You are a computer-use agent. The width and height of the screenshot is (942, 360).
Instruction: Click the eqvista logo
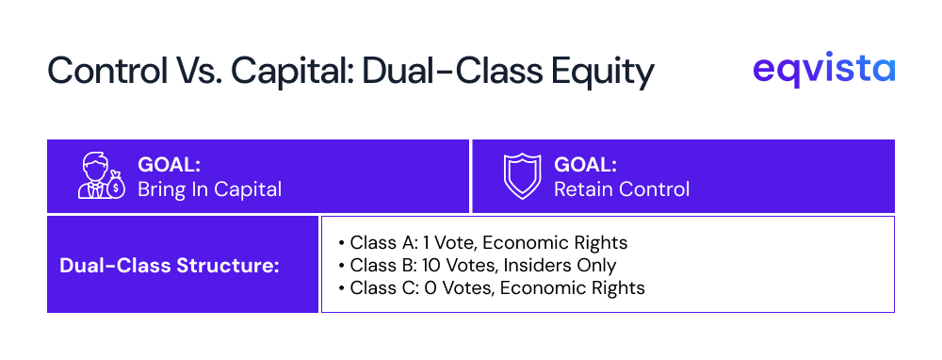tap(823, 69)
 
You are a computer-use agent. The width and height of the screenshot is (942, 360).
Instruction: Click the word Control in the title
tap(107, 71)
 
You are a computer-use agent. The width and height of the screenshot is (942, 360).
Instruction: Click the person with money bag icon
tap(102, 175)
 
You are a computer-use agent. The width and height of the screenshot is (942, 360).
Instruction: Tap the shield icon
tap(522, 176)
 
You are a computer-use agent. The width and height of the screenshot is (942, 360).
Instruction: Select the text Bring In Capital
tap(210, 189)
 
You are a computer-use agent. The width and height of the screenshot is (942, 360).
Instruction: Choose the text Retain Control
tap(622, 189)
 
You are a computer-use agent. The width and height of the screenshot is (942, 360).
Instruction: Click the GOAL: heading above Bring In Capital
tap(169, 165)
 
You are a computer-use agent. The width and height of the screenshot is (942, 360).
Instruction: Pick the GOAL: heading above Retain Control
tap(585, 165)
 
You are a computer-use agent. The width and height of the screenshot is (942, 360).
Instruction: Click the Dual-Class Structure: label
tap(170, 265)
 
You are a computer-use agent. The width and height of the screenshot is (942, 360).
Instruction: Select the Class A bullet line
tap(483, 243)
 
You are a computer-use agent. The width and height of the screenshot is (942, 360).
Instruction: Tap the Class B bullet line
tap(477, 265)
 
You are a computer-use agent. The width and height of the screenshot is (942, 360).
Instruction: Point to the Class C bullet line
tap(492, 287)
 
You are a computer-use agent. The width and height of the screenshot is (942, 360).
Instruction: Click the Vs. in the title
tap(200, 71)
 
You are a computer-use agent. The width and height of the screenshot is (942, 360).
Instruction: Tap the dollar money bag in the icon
tap(116, 187)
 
